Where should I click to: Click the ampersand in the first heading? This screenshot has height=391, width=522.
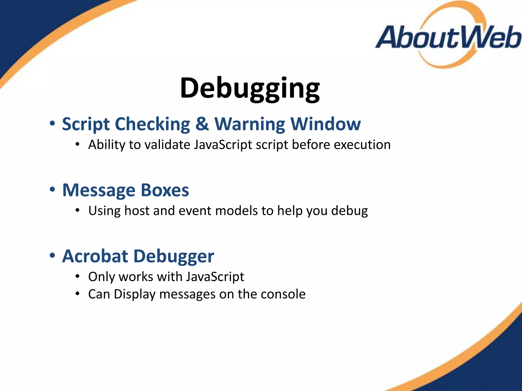point(202,124)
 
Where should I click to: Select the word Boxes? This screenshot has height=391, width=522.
point(165,190)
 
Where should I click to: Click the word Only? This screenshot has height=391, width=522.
point(101,277)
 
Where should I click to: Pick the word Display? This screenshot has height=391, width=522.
point(134,295)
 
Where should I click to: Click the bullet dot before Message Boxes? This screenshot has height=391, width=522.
point(52,190)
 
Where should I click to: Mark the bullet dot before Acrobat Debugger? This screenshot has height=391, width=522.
point(52,256)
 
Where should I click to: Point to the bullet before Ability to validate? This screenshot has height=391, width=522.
point(77,145)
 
